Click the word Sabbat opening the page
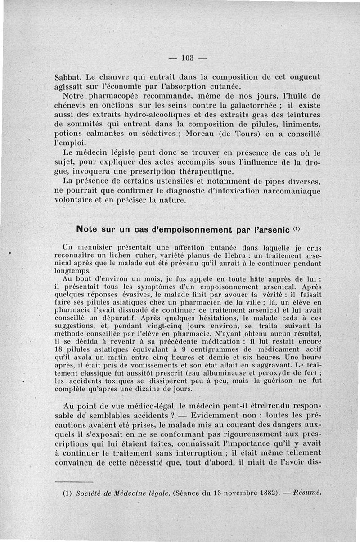coord(68,76)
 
